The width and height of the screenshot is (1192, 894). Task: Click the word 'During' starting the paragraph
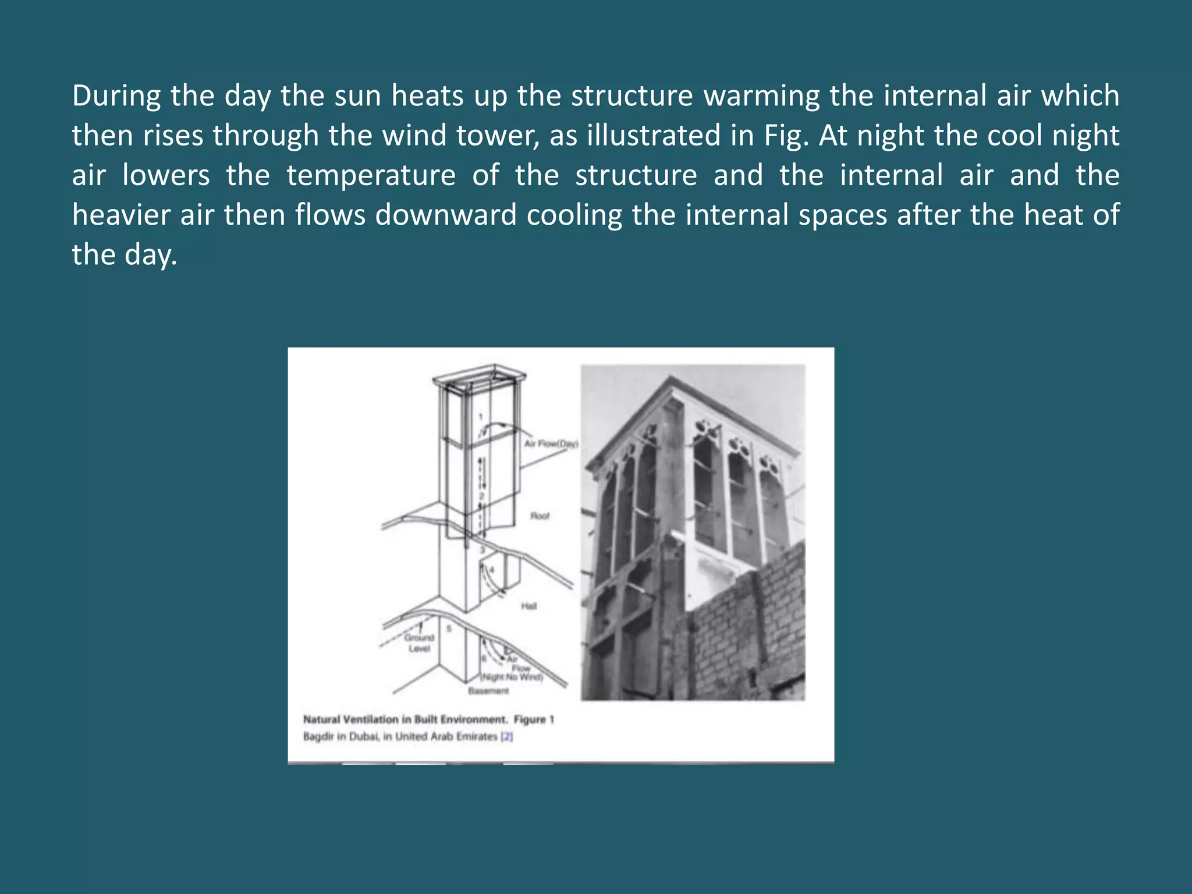(x=116, y=96)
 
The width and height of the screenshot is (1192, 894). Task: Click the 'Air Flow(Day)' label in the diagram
(x=551, y=444)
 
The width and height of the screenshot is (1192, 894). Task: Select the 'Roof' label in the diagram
(x=540, y=516)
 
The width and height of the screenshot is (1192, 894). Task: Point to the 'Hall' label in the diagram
(x=528, y=606)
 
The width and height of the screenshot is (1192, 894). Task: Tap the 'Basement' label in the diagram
(x=488, y=691)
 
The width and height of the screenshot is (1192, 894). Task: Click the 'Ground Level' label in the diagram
(x=419, y=643)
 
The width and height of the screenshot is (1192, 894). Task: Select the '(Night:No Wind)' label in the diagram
(x=512, y=677)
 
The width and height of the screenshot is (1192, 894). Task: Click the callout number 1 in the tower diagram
(x=481, y=417)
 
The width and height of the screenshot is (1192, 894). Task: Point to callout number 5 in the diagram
(x=449, y=629)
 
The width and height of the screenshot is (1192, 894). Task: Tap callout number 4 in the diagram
(x=492, y=570)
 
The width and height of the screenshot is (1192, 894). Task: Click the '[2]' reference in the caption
(x=507, y=736)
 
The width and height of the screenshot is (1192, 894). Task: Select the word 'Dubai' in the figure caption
(x=364, y=736)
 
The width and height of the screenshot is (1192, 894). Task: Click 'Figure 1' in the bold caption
(x=534, y=719)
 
